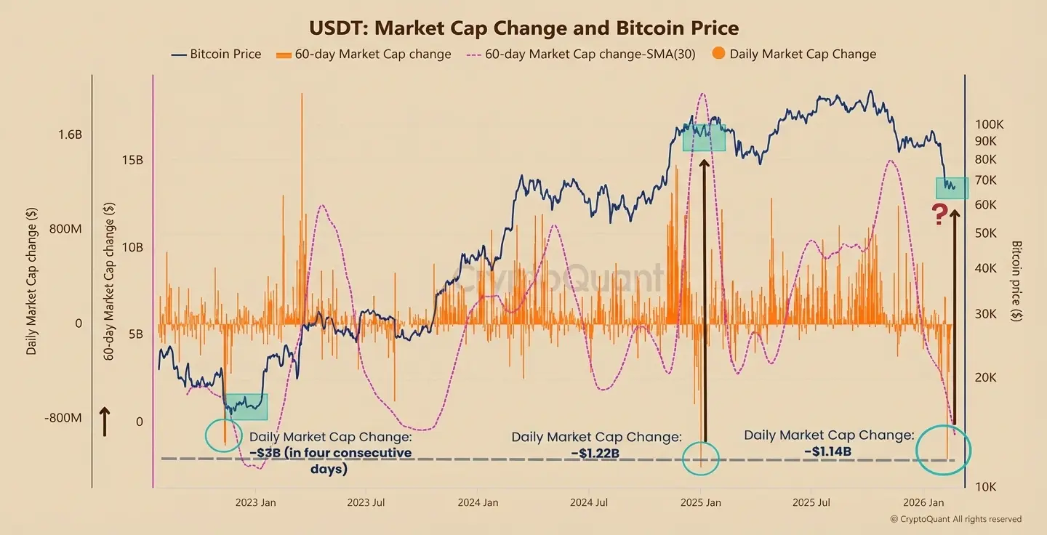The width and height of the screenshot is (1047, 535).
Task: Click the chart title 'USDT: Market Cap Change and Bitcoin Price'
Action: pos(523,28)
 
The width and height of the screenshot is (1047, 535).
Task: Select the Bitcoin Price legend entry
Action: pos(216,54)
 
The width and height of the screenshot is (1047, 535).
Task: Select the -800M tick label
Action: pos(63,418)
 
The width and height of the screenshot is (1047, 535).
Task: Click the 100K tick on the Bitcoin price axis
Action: pos(989,124)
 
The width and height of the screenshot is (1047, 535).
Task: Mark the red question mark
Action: pos(939,214)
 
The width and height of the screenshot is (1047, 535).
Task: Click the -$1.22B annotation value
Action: pos(596,454)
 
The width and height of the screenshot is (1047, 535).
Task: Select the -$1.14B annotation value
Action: pos(828,451)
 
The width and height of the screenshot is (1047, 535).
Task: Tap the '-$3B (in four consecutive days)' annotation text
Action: pos(330,461)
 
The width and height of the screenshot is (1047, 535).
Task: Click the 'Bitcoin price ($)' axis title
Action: pos(1016,281)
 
